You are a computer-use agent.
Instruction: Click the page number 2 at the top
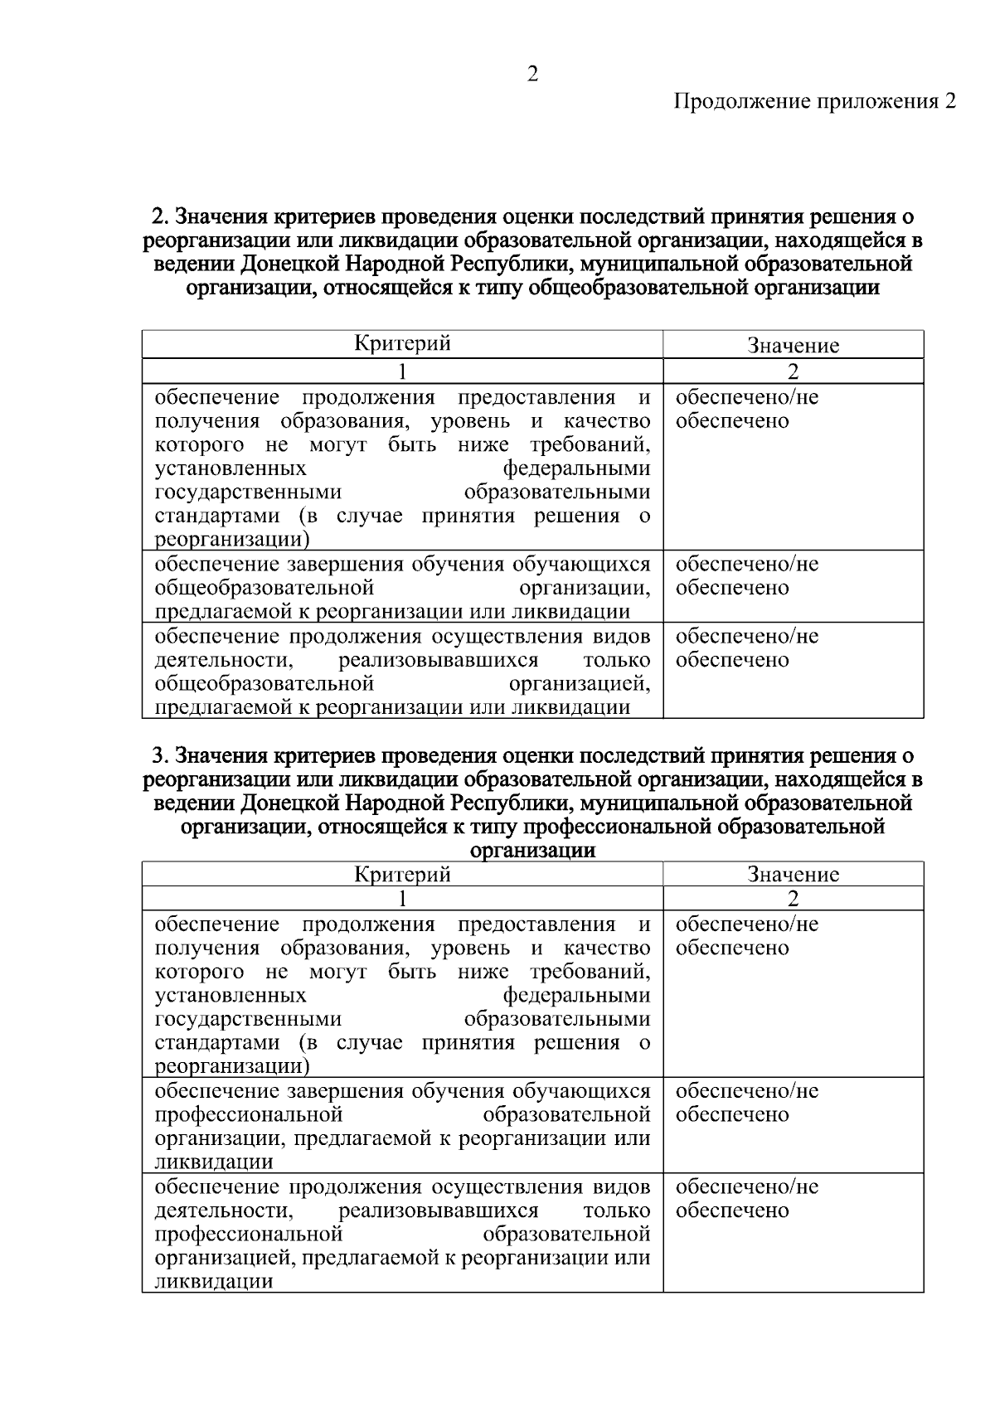click(532, 74)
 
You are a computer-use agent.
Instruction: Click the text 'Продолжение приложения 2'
click(814, 101)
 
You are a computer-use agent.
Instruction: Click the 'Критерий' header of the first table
click(402, 343)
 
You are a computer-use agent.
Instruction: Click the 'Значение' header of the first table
click(793, 345)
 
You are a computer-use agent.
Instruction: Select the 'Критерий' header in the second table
click(402, 874)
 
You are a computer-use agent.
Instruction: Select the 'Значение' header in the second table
click(793, 874)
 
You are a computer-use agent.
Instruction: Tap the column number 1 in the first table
click(402, 371)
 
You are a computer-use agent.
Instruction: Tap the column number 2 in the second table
click(793, 898)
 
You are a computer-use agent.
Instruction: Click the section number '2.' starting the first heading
click(160, 217)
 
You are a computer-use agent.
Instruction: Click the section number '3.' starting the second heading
click(160, 756)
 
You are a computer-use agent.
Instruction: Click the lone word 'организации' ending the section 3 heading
click(532, 850)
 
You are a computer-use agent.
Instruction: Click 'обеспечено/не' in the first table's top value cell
click(746, 397)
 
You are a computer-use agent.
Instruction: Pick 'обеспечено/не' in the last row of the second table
click(746, 1186)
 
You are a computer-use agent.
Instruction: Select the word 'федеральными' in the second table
click(576, 995)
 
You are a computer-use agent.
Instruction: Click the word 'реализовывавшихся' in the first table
click(438, 660)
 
